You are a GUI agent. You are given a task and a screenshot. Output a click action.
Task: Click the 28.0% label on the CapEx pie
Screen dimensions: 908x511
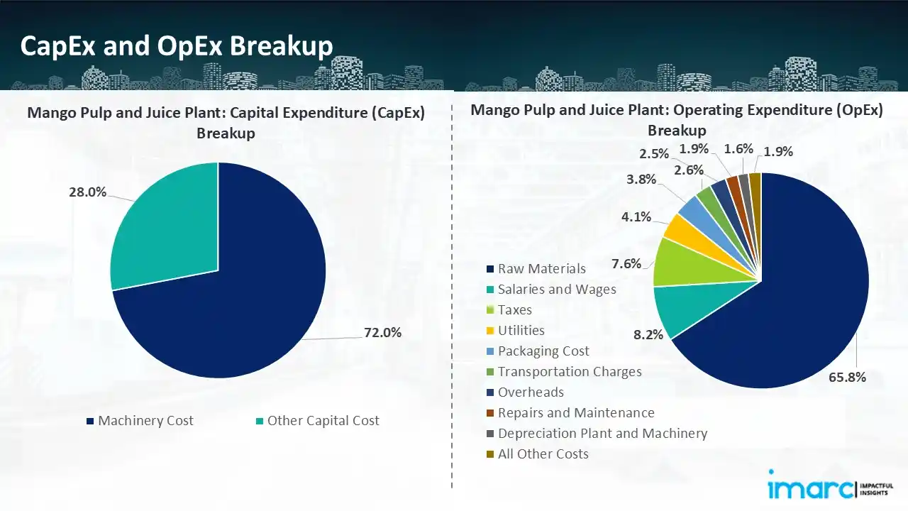coord(87,192)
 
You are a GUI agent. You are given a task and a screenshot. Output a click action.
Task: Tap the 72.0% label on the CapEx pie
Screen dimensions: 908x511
coord(382,333)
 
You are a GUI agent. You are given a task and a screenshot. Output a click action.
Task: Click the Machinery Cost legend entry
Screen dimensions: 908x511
coord(140,421)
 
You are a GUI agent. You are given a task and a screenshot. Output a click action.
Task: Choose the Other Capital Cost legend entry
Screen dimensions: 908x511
coord(318,421)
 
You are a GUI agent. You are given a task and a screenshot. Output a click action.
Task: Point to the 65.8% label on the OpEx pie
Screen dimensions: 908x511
coord(847,377)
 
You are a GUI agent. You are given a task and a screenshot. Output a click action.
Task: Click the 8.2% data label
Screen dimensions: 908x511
coord(648,334)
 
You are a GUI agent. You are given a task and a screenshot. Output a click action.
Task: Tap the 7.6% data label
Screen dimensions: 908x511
coord(626,264)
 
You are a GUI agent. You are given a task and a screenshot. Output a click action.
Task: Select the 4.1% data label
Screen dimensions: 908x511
coord(636,217)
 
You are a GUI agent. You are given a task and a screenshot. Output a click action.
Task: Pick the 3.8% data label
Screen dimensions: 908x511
coord(641,179)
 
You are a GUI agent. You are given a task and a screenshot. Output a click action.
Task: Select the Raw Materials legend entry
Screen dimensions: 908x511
coord(536,269)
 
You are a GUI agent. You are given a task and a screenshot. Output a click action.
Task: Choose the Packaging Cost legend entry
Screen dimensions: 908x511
coord(538,351)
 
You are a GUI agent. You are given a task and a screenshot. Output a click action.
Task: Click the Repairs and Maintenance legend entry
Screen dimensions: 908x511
coord(571,413)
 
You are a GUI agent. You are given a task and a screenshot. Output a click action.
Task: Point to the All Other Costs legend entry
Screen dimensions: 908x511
coord(538,454)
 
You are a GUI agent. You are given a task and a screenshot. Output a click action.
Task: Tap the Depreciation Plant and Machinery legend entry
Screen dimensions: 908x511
coord(597,434)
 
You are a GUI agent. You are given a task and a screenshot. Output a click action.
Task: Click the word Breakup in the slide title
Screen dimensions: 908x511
coord(282,46)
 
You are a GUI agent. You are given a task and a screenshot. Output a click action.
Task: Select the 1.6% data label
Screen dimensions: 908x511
coord(738,149)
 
